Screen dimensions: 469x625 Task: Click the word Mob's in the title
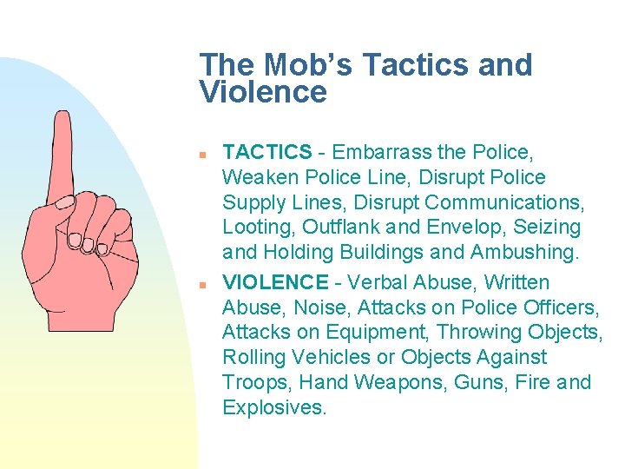[x=299, y=65]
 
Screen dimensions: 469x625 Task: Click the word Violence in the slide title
[x=263, y=91]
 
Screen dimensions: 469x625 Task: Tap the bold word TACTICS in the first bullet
[x=266, y=153]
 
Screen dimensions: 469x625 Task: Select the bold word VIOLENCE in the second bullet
[x=275, y=282]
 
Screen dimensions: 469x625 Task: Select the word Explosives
[x=273, y=407]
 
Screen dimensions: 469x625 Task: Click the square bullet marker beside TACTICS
[x=202, y=154]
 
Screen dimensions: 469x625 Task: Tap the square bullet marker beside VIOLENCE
[x=202, y=283]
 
